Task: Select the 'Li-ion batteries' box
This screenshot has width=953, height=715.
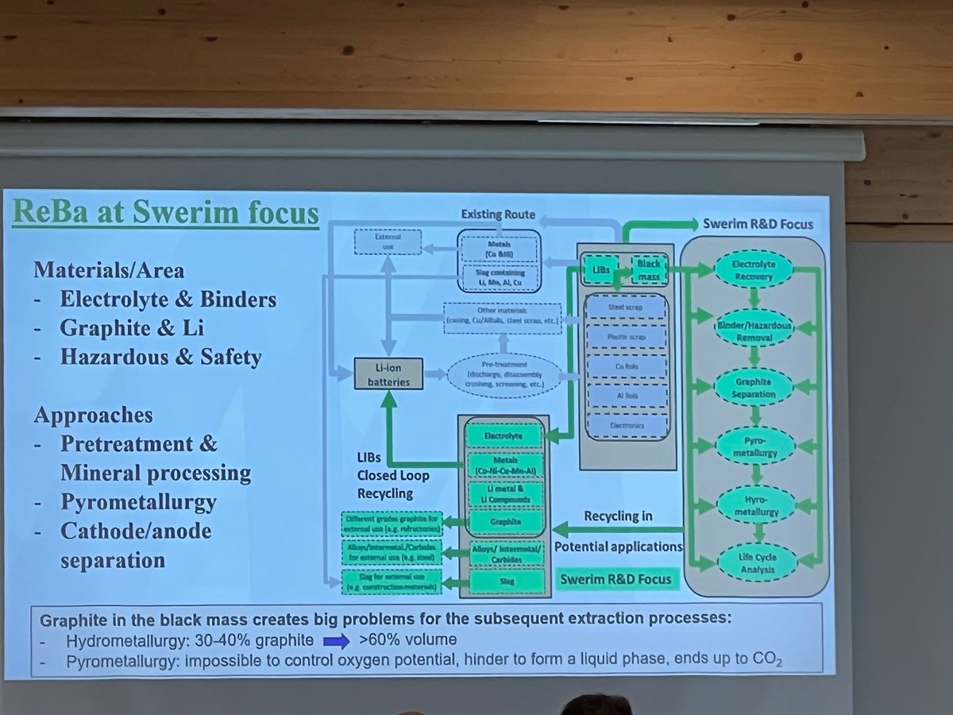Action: click(388, 372)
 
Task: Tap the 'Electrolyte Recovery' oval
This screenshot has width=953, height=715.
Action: click(753, 271)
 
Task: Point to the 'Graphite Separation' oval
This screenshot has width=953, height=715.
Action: click(753, 386)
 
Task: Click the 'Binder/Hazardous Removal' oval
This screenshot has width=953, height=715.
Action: click(753, 328)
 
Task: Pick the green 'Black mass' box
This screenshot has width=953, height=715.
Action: click(647, 268)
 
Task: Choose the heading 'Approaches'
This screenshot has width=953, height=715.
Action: click(93, 415)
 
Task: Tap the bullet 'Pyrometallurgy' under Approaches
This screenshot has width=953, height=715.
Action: click(138, 502)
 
